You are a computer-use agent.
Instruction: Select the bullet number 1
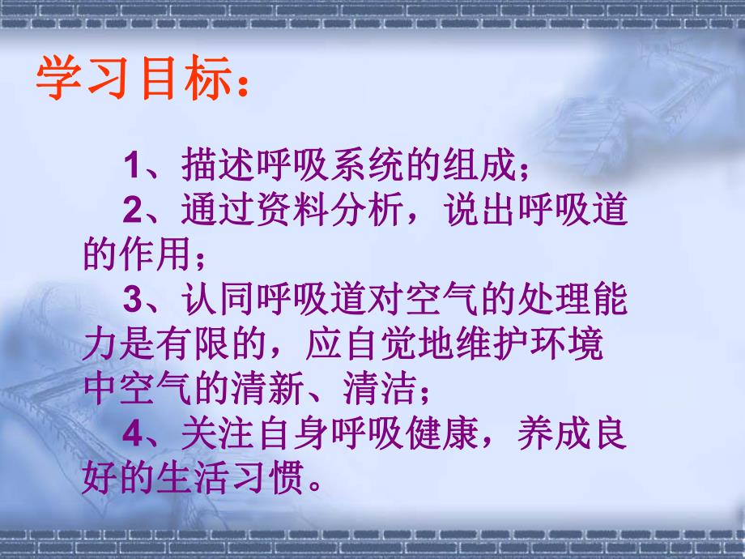pyautogui.click(x=133, y=169)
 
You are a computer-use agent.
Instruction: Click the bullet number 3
pyautogui.click(x=133, y=302)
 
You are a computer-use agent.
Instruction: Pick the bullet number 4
pyautogui.click(x=133, y=434)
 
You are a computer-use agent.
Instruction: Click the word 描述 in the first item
pyautogui.click(x=211, y=169)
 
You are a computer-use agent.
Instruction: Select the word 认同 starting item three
pyautogui.click(x=211, y=302)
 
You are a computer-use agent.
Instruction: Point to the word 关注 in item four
pyautogui.click(x=211, y=434)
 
